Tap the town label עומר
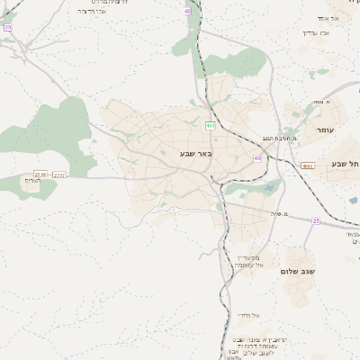tap(325, 130)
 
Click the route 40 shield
tap(187, 11)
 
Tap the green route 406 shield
tap(209, 125)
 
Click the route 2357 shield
tap(58, 174)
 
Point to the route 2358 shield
tap(40, 173)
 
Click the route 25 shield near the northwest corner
tap(7, 28)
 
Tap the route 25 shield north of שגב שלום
tap(316, 219)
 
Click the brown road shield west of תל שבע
tap(307, 166)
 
